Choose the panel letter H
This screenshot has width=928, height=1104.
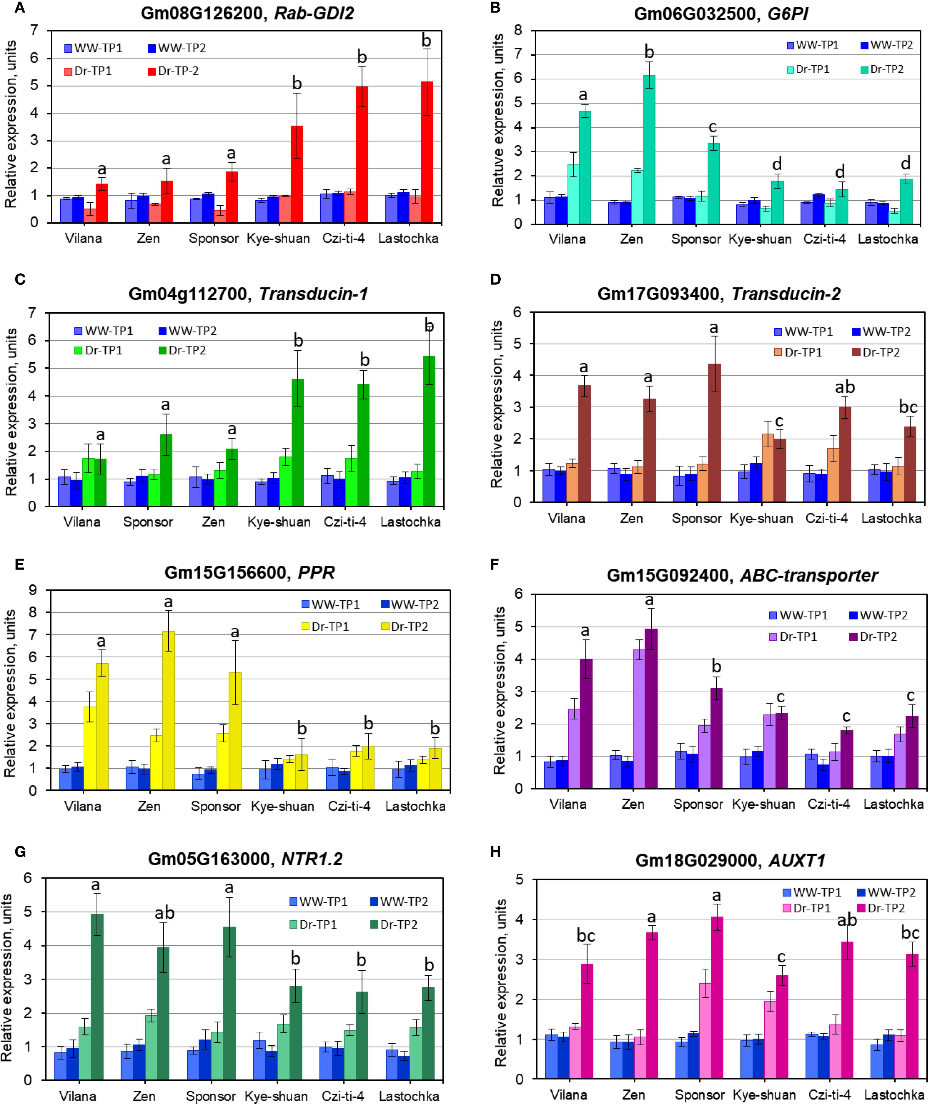pyautogui.click(x=495, y=852)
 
